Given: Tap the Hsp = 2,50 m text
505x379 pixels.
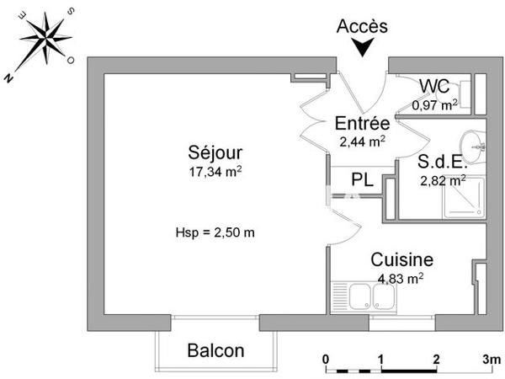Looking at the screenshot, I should pyautogui.click(x=215, y=233).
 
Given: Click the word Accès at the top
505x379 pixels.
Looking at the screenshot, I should pyautogui.click(x=362, y=26).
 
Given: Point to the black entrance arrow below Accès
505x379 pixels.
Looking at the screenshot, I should pyautogui.click(x=363, y=49).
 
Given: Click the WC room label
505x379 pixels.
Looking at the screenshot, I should pyautogui.click(x=434, y=86).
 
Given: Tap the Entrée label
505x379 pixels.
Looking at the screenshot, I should pyautogui.click(x=362, y=123).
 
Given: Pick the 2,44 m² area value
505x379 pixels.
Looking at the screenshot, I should pyautogui.click(x=362, y=141).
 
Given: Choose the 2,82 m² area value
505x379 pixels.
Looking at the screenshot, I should pyautogui.click(x=443, y=179).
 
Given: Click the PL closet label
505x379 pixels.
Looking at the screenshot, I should pyautogui.click(x=362, y=179).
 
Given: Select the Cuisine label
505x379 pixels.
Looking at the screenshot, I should pyautogui.click(x=402, y=260).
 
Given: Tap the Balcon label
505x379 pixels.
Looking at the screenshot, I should pyautogui.click(x=215, y=350).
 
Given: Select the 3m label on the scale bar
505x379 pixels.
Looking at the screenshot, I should pyautogui.click(x=492, y=359).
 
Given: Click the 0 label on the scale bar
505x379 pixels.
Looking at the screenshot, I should pyautogui.click(x=327, y=359).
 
